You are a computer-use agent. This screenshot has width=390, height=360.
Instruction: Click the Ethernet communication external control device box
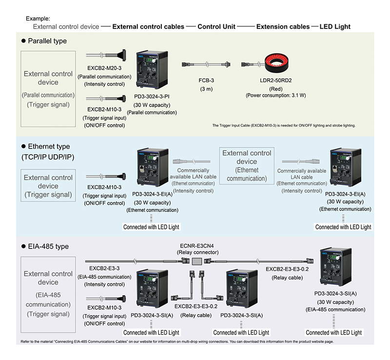[x=247, y=166]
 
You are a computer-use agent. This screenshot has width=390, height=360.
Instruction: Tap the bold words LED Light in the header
[x=335, y=27]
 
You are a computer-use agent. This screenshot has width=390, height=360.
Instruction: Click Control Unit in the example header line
[x=217, y=27]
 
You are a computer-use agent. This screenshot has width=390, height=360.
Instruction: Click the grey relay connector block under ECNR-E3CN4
[x=196, y=262]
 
